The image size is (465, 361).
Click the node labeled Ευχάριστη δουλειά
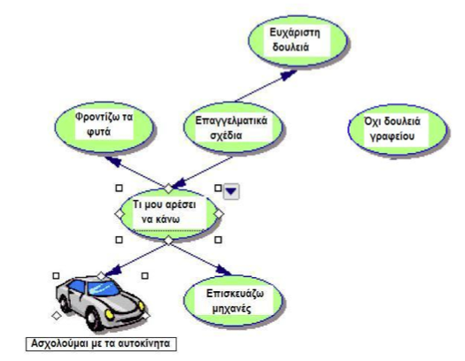coord(298,41)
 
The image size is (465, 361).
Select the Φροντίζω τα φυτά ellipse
coord(105,127)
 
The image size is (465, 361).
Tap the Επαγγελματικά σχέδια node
coord(233,128)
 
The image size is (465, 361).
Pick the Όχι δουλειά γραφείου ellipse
coord(398,129)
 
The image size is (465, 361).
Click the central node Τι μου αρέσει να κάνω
coord(168,214)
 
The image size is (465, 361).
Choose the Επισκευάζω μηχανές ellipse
coord(233,300)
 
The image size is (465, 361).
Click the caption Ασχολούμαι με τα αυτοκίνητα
coord(101,344)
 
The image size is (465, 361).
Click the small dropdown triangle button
coord(231,191)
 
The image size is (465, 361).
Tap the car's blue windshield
coord(103,288)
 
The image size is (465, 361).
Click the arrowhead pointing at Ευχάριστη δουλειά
coord(288,74)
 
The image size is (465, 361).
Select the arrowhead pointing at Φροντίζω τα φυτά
coord(114,161)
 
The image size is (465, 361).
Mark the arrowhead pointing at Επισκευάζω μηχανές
coord(223,270)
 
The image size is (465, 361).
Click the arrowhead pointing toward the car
coord(113,271)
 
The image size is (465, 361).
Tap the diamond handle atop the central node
coord(168,188)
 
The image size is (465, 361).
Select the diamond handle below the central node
coord(168,240)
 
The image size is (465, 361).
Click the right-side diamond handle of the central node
coord(219,214)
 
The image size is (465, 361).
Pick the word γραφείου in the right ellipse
coord(392,137)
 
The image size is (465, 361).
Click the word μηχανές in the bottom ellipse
coord(232,309)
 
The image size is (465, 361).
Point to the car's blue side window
coord(77,286)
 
